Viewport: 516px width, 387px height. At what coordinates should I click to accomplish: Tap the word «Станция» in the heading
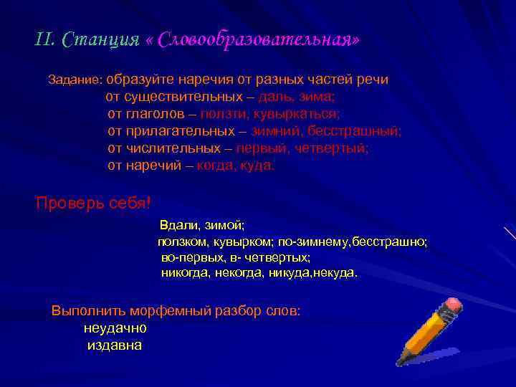coord(101,39)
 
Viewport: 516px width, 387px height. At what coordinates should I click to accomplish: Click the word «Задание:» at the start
coord(76,80)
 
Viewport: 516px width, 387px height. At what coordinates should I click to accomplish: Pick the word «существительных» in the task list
coord(177,97)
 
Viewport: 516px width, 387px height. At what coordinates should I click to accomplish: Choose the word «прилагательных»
coord(180,131)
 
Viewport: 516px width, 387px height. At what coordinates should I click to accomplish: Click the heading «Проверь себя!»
coord(93,203)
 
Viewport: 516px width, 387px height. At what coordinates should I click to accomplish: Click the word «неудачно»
coord(115,328)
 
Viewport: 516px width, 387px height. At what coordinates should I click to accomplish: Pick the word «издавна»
coord(114,345)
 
